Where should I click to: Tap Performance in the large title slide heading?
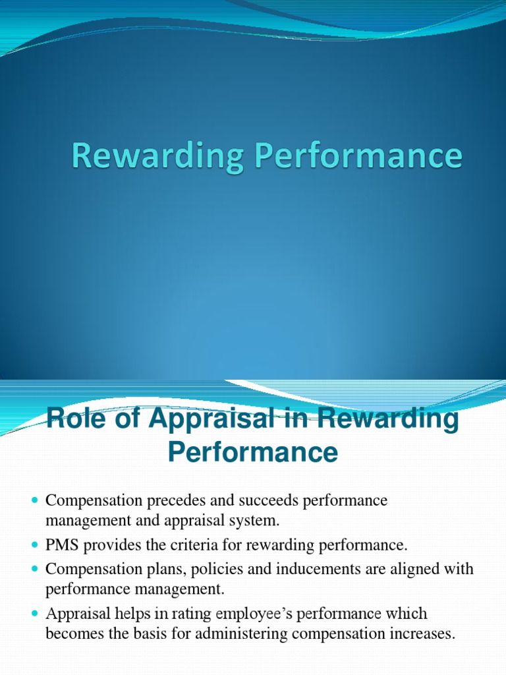pos(352,157)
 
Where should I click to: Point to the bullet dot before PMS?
pos(36,545)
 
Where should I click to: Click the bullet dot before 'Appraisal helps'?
pos(36,614)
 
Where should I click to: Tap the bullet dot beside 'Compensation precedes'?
pos(36,501)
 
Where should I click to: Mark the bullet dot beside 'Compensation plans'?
pos(36,569)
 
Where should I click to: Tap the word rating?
pos(169,614)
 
